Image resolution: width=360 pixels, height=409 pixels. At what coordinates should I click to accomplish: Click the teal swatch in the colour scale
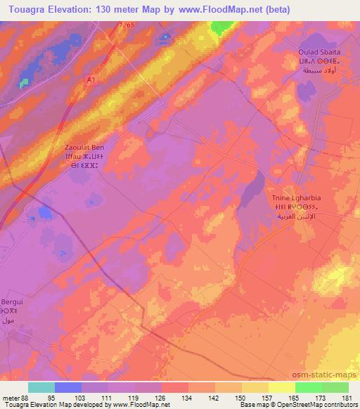[41, 387]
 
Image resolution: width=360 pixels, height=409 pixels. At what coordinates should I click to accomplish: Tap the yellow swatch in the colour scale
[282, 387]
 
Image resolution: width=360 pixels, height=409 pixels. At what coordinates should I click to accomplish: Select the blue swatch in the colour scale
[68, 387]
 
